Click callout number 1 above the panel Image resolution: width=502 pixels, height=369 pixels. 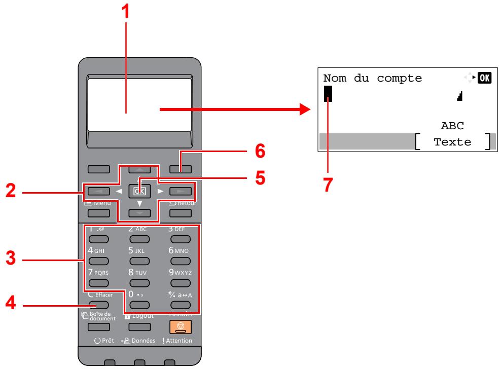pos(127,11)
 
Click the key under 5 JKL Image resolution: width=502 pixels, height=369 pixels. pos(137,261)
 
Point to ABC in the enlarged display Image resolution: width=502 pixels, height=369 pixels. pos(453,126)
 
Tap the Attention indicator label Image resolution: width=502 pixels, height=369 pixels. pos(176,340)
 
